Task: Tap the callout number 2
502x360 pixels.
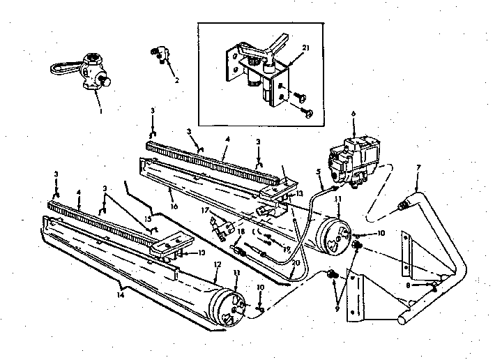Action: (176, 80)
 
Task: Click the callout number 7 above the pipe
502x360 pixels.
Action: (417, 167)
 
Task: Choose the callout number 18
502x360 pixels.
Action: (243, 232)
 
